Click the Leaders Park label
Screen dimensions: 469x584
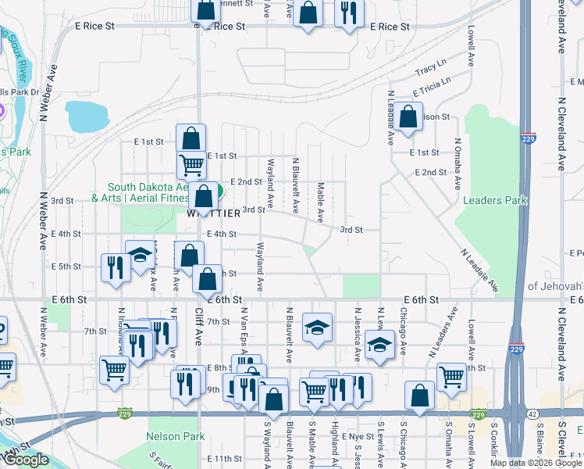[495, 201]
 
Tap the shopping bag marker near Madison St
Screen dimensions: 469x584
[408, 118]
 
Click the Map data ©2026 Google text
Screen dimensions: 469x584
[536, 463]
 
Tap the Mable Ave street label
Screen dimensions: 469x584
[321, 201]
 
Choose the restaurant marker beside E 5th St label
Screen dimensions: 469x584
[114, 267]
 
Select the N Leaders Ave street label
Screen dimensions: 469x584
[442, 331]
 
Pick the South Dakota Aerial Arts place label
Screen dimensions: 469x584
[148, 192]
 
